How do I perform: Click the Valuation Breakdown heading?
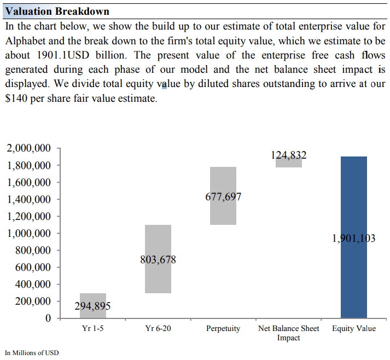(x=57, y=11)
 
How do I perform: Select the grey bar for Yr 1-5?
(x=92, y=298)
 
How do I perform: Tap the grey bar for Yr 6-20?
(x=158, y=241)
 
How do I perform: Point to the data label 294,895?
(x=92, y=306)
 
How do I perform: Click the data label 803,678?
(x=158, y=260)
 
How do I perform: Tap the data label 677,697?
(x=223, y=197)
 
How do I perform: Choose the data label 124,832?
(x=288, y=155)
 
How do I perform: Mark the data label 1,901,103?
(x=354, y=239)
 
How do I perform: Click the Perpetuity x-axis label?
(x=223, y=329)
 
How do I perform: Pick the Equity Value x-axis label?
(x=354, y=329)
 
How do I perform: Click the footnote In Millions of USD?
(x=31, y=352)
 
